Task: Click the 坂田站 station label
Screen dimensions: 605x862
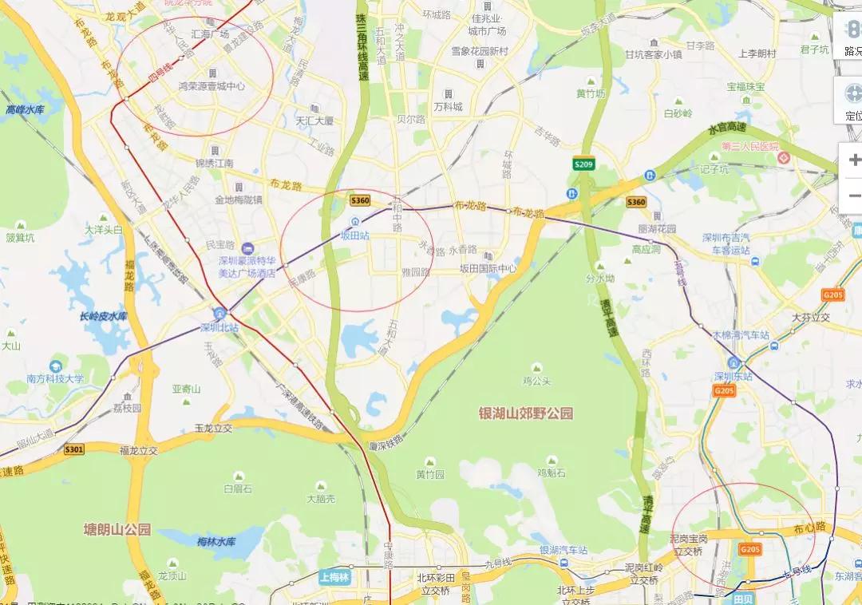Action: point(355,235)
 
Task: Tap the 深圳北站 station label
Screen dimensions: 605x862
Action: point(219,327)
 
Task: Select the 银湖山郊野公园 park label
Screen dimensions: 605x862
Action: point(525,413)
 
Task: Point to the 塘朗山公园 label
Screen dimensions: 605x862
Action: point(117,529)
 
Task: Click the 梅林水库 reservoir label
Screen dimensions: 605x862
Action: point(216,542)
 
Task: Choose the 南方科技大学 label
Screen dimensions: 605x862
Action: point(55,378)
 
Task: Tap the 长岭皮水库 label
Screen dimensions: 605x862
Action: point(103,316)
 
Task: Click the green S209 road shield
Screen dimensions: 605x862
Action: point(584,164)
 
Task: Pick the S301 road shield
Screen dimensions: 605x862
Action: point(74,450)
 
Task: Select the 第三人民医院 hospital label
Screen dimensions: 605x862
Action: point(749,147)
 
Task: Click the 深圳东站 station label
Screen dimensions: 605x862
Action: point(733,376)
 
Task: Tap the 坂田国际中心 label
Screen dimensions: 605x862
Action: point(488,269)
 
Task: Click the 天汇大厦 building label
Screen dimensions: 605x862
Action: point(314,121)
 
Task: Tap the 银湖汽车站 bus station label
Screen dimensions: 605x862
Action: point(563,550)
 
